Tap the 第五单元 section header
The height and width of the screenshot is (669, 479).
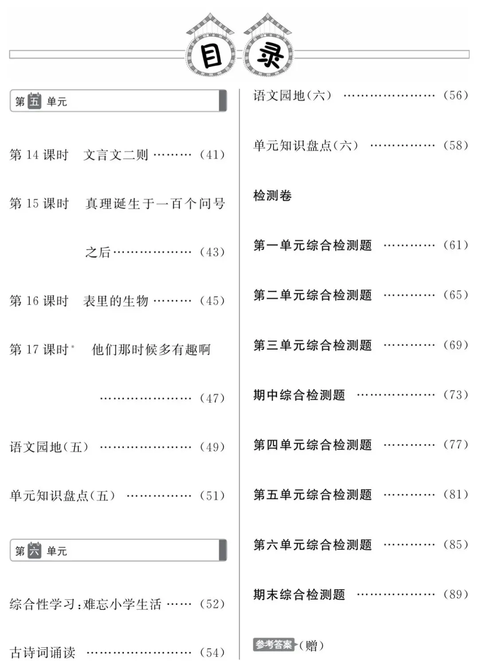(118, 101)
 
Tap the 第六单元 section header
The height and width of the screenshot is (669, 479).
(118, 551)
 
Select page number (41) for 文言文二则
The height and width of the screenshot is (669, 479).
(212, 155)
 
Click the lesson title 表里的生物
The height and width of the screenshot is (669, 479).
(116, 301)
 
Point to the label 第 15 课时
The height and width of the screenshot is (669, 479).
(39, 204)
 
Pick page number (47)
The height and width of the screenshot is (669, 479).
(212, 398)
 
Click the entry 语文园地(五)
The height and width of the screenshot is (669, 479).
(49, 447)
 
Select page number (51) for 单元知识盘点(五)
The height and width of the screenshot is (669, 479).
(212, 495)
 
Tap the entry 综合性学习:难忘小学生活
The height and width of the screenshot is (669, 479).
(86, 604)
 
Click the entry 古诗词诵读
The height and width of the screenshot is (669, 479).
(43, 653)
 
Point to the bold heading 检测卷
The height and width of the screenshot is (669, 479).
(272, 195)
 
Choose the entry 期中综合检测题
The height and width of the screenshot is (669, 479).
(299, 395)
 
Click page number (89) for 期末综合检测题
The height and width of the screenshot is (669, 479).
(456, 594)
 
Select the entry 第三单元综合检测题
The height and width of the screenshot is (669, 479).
(313, 345)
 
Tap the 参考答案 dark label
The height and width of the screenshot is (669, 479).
(274, 645)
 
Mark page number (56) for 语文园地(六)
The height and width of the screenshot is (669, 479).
(456, 95)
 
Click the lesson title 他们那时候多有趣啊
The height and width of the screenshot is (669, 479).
(151, 350)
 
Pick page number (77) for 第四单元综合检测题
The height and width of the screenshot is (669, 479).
(456, 444)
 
